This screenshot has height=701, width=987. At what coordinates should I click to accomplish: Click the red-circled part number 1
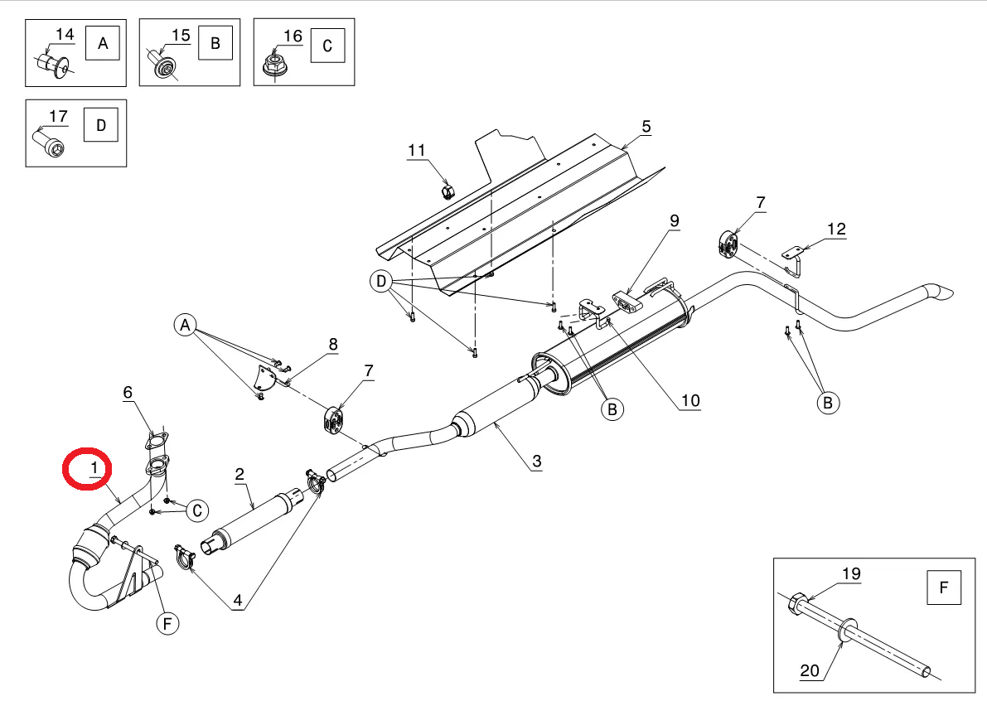click(x=94, y=468)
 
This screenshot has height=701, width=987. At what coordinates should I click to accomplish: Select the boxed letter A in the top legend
click(x=103, y=43)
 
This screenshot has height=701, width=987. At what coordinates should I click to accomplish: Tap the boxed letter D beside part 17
click(x=101, y=124)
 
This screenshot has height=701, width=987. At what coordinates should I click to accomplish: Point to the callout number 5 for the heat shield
click(x=646, y=127)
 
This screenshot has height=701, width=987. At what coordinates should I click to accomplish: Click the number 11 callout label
click(x=417, y=151)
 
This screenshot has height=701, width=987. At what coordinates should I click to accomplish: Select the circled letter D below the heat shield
click(x=381, y=281)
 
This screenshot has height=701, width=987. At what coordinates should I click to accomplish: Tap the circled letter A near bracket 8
click(x=185, y=326)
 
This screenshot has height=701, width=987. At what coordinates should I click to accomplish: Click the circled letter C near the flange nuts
click(x=197, y=510)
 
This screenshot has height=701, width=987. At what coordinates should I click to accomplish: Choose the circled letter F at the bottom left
click(x=167, y=624)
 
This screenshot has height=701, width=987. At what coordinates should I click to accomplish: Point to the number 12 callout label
click(x=836, y=229)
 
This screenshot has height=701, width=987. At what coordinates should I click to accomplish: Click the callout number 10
click(x=690, y=401)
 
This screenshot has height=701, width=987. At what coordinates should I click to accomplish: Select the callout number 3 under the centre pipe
click(x=536, y=462)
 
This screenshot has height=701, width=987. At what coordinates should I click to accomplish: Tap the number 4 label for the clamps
click(x=237, y=600)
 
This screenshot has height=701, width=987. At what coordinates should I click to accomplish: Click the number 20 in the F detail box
click(x=810, y=671)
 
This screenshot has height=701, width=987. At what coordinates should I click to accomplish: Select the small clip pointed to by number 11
click(x=448, y=190)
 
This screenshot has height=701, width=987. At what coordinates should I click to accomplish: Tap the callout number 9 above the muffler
click(x=675, y=221)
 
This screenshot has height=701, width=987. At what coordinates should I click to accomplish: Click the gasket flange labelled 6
click(x=157, y=440)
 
